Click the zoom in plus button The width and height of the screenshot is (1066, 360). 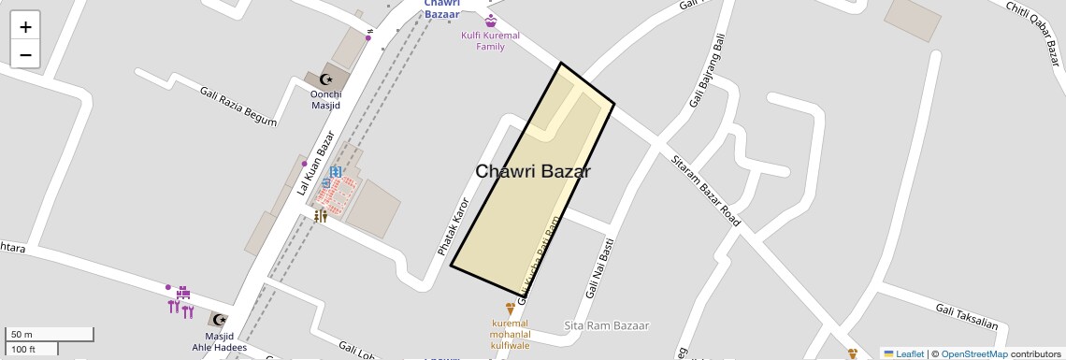pos(25,27)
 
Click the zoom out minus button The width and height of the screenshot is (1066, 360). pos(25,55)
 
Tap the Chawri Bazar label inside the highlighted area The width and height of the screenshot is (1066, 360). pos(533,172)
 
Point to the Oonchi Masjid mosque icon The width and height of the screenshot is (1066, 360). pos(325,80)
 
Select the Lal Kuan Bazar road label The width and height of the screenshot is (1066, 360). pos(315,163)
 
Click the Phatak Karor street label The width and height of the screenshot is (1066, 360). pos(454,227)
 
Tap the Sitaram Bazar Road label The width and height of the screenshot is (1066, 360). pos(705,192)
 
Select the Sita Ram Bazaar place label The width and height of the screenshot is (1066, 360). pos(607,325)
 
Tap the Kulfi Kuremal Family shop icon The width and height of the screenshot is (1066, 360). pos(491,21)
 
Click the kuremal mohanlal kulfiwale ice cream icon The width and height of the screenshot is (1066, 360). pos(510,309)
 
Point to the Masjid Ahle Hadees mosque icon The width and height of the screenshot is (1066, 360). pos(221,320)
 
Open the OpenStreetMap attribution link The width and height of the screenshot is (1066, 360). pos(973,354)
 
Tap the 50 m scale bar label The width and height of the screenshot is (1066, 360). pos(22,335)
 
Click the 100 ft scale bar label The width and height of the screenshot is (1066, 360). pos(23,350)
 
